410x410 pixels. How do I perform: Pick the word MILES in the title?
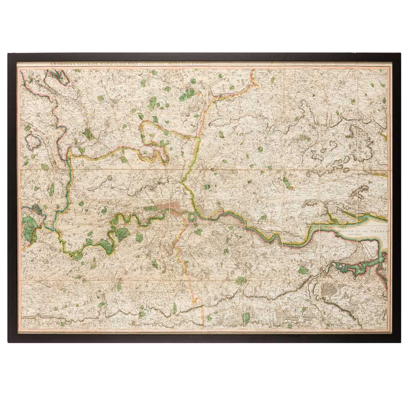click(176, 64)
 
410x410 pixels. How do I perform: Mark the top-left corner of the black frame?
click(9, 54)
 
